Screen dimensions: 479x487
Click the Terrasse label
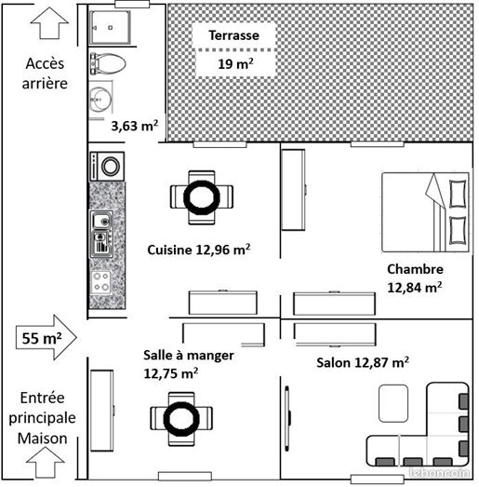[x=233, y=35]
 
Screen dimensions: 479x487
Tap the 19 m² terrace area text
[x=235, y=63]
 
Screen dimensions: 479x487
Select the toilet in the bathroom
[x=108, y=63]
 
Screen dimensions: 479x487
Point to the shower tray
[x=109, y=28]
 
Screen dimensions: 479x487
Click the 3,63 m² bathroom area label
[x=135, y=126]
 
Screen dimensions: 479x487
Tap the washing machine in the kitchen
[x=107, y=166]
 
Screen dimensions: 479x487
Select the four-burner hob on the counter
[x=100, y=282]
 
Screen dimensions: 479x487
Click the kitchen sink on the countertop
[x=101, y=234]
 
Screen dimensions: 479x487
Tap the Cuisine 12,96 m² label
[x=199, y=250]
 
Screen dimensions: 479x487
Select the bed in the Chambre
[x=425, y=212]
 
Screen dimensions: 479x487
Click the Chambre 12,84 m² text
[x=415, y=278]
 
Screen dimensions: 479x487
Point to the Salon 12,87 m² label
[x=363, y=362]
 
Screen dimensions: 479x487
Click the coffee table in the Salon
[x=393, y=403]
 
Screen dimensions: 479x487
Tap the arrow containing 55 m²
[x=47, y=338]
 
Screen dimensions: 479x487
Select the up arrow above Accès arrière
[x=49, y=23]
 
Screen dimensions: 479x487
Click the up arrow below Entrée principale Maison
[x=46, y=462]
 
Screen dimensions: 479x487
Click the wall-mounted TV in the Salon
[x=287, y=418]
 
